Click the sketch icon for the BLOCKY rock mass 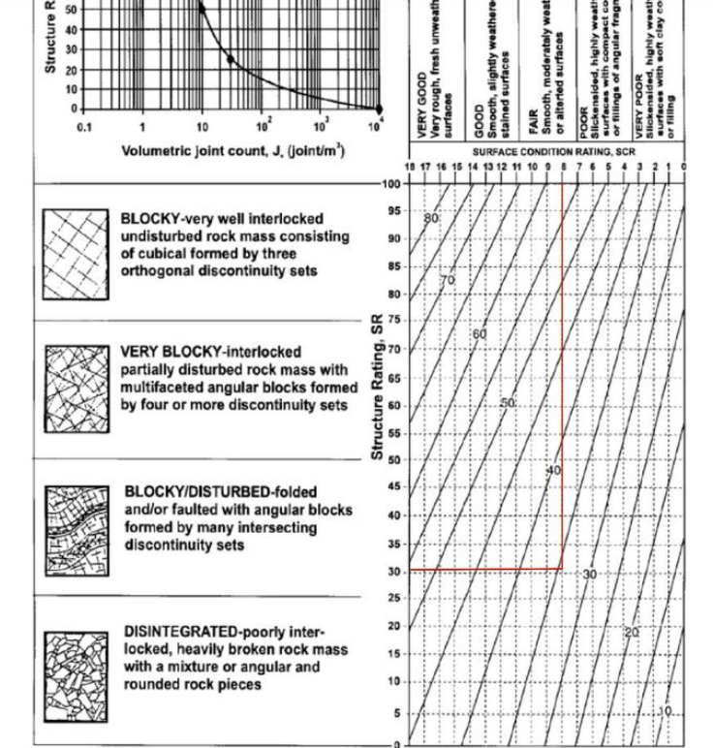point(76,255)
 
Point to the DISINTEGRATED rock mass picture point(76,676)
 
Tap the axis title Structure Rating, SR point(379,388)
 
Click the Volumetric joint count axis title point(232,150)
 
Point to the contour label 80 point(431,218)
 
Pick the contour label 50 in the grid point(508,403)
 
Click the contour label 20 point(632,632)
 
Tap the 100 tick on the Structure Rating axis point(390,183)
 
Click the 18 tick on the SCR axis point(409,167)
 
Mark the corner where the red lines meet point(562,570)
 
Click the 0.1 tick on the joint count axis point(84,127)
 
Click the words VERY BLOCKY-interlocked point(210,353)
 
